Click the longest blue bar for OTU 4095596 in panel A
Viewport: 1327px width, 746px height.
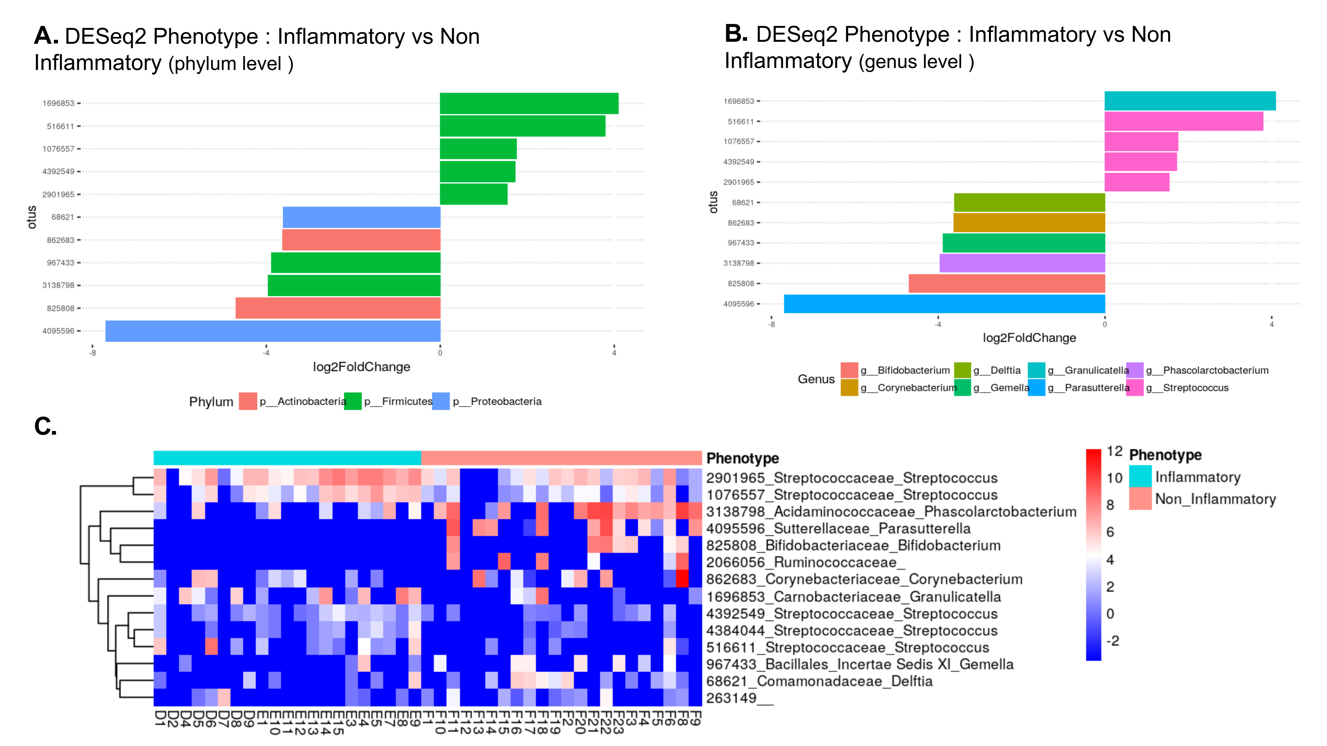pyautogui.click(x=273, y=331)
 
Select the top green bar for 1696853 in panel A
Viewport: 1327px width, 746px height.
pyautogui.click(x=529, y=103)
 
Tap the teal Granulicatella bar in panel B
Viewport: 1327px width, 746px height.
pyautogui.click(x=1190, y=101)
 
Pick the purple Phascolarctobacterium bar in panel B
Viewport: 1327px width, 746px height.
pyautogui.click(x=1022, y=263)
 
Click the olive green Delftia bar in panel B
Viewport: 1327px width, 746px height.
pyautogui.click(x=1029, y=202)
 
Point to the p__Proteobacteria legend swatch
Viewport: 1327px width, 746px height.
pyautogui.click(x=441, y=402)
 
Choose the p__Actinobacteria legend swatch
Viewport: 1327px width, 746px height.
pyautogui.click(x=248, y=402)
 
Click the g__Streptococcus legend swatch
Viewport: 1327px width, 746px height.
pyautogui.click(x=1135, y=388)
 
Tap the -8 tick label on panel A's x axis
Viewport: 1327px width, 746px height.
pyautogui.click(x=93, y=353)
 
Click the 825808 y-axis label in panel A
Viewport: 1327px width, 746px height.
pyautogui.click(x=61, y=308)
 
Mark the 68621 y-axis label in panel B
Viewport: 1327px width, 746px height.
pyautogui.click(x=743, y=202)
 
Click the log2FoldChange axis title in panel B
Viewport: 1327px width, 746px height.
pyautogui.click(x=1029, y=338)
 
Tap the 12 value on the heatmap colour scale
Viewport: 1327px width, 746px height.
pyautogui.click(x=1115, y=452)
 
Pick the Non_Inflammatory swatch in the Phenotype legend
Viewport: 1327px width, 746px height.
pyautogui.click(x=1140, y=499)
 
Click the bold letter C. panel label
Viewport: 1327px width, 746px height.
pyautogui.click(x=45, y=427)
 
